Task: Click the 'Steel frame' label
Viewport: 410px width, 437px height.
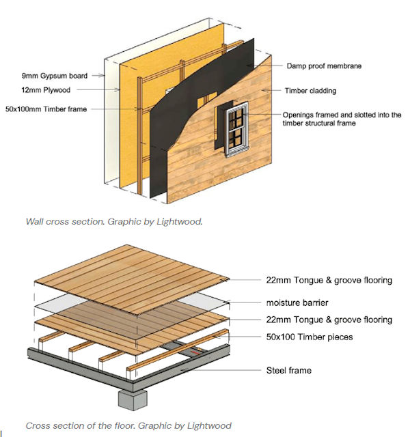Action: [x=288, y=371]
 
